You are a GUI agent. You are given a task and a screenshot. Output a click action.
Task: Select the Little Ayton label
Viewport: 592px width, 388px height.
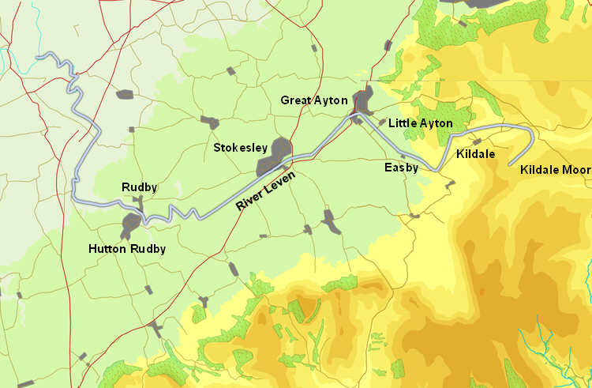421,123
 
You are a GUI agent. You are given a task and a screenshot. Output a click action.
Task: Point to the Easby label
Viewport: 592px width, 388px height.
401,168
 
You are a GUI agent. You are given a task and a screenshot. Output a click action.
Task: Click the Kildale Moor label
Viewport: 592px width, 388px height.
555,170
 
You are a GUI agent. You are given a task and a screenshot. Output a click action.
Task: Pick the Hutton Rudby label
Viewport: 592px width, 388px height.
127,249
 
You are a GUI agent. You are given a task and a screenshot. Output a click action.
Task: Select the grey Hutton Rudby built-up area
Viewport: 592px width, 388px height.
128,225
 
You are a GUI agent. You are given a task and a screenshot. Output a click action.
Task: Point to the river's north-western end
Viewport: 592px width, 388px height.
39,56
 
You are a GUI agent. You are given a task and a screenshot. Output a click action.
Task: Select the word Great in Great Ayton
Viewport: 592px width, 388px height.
297,100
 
